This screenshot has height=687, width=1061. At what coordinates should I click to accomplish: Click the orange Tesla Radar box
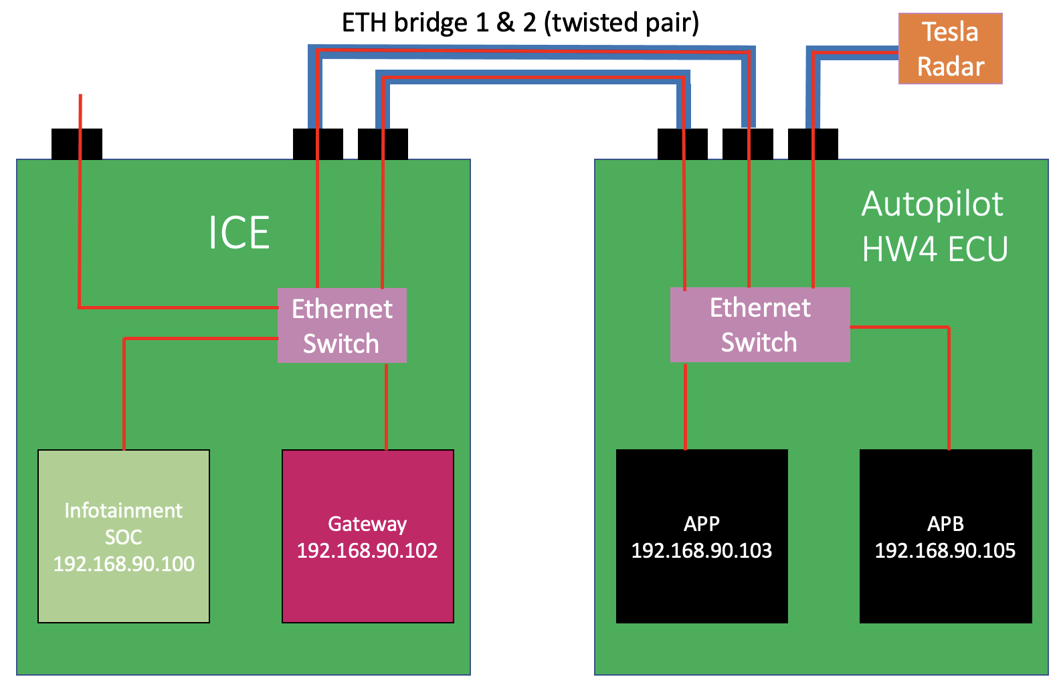pos(950,49)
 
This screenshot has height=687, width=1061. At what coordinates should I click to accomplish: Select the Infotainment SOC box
pos(124,536)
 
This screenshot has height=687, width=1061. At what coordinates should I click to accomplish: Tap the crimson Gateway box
pos(367,536)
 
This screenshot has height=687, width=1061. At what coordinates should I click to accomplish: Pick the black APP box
pos(701,536)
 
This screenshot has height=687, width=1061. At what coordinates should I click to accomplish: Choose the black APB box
pos(945,536)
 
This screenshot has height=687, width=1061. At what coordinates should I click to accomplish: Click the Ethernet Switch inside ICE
pos(342,325)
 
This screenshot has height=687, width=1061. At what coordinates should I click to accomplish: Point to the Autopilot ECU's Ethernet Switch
pos(760,325)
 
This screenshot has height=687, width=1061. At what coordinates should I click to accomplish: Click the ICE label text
pos(239,233)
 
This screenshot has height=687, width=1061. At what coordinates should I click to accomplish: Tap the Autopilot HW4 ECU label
pos(934,226)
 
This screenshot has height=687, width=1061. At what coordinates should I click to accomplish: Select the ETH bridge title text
pos(520,22)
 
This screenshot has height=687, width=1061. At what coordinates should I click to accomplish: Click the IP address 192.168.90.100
pos(124,564)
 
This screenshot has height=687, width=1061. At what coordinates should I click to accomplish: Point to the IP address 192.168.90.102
pos(367,550)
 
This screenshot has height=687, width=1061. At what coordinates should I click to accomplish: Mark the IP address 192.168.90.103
pos(701,550)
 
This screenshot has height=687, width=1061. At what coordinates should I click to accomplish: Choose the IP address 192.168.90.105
pos(945,550)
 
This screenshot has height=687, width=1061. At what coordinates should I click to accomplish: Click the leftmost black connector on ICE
pos(77,144)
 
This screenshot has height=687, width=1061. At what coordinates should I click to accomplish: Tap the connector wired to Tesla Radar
pos(813,144)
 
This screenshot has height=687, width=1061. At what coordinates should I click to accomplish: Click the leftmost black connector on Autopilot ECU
pos(682,144)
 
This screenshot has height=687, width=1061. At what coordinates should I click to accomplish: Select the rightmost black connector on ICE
pos(383,144)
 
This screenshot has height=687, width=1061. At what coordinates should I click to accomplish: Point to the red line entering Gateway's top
pos(387,408)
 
